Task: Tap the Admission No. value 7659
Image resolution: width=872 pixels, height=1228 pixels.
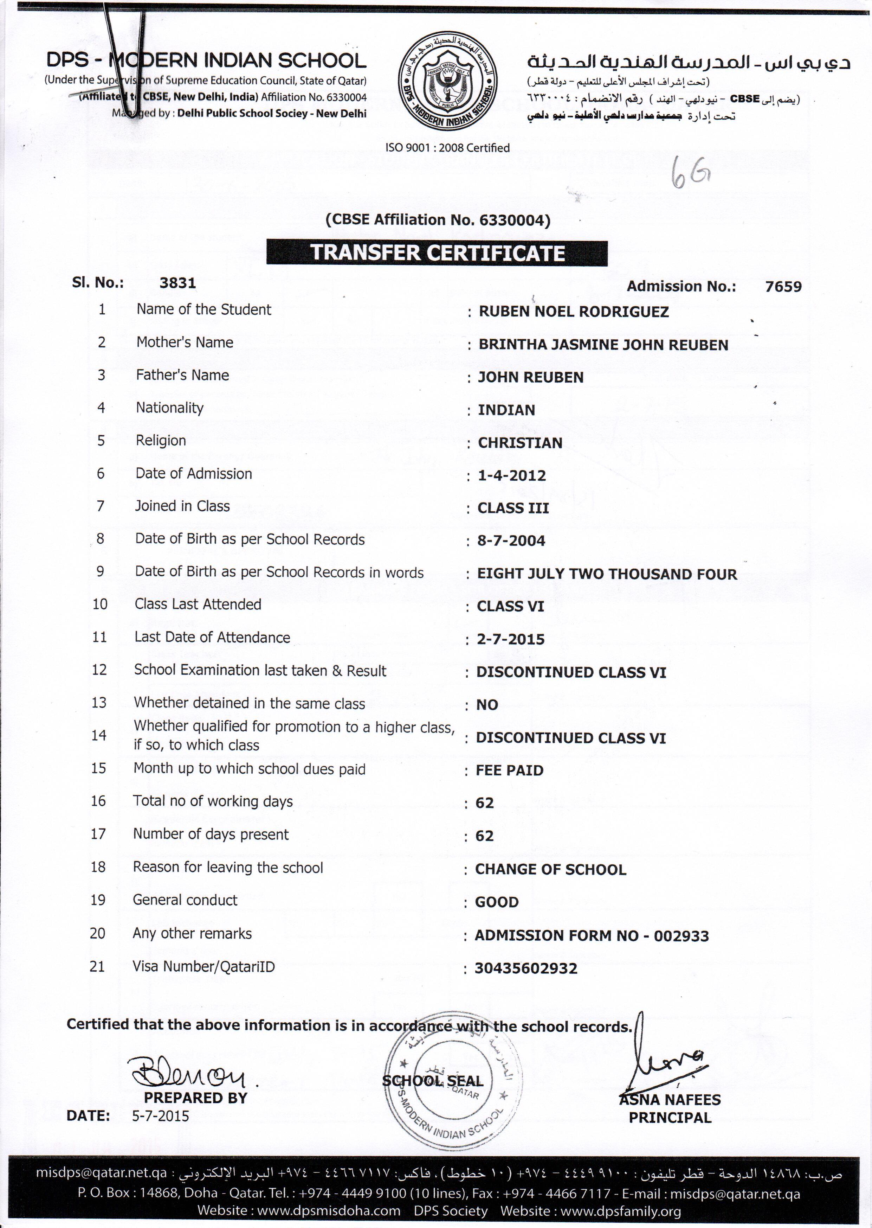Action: [783, 287]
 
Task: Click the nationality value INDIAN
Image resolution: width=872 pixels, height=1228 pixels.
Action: [506, 410]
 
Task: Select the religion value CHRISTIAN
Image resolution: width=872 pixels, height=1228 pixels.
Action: [520, 443]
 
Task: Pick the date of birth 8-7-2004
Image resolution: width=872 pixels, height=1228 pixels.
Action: [511, 541]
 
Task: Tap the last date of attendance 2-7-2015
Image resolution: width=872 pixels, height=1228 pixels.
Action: [511, 639]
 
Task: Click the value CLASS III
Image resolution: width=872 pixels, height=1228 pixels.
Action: [513, 508]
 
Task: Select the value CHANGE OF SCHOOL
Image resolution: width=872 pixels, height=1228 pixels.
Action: [550, 870]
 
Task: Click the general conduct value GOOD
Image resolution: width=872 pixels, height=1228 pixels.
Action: [497, 902]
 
